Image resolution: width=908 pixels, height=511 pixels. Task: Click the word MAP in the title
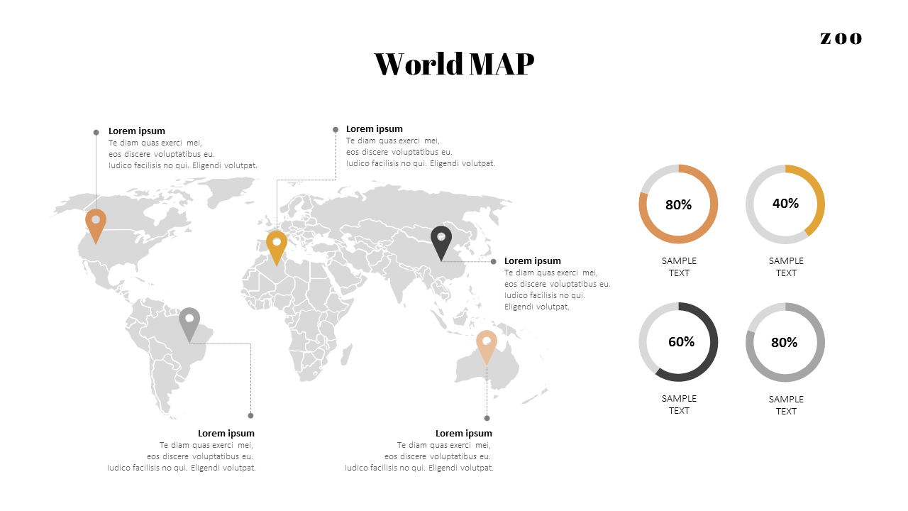point(501,64)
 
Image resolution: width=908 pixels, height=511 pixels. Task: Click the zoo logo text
point(841,38)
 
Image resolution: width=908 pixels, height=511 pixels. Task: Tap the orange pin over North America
point(96,223)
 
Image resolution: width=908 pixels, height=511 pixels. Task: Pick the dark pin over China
point(441,240)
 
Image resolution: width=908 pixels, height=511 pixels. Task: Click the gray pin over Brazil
point(189,322)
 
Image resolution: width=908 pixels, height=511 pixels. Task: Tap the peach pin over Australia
point(487,344)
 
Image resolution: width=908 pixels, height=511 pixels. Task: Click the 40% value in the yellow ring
point(785,204)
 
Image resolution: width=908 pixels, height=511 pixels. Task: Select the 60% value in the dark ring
point(681,342)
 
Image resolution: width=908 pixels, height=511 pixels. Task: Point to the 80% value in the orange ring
point(678,205)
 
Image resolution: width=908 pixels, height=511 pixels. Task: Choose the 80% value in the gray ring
point(784,343)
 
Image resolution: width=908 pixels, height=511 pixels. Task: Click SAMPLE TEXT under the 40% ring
point(786,267)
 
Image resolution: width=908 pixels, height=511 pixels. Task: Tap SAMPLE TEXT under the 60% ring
point(679,405)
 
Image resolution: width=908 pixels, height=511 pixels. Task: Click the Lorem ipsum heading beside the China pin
point(532,261)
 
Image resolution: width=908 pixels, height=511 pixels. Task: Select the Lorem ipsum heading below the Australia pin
point(463,434)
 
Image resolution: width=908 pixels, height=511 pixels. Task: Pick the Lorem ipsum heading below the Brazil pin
point(226,434)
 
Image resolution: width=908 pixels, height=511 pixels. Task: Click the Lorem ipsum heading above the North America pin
point(136,131)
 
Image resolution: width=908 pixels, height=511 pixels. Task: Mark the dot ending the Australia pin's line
point(487,418)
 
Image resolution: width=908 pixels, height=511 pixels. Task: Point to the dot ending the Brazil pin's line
point(250,415)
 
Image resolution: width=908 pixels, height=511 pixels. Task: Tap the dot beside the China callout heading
point(494,261)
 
